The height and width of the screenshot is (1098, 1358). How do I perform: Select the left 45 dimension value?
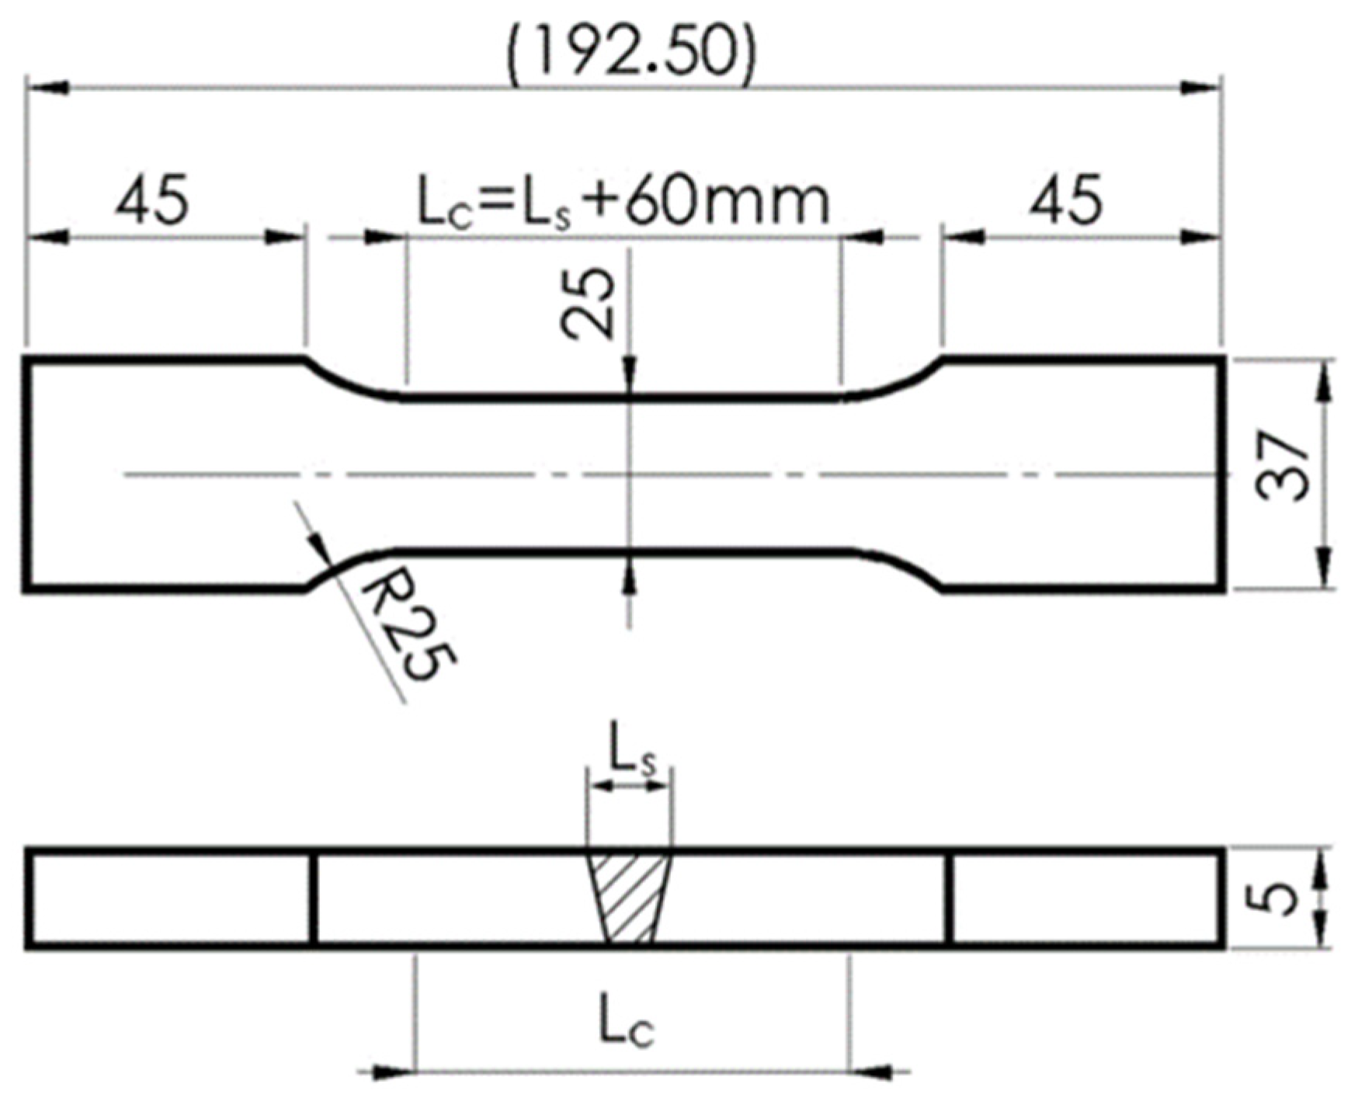tap(152, 200)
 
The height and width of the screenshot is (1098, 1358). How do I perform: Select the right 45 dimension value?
tap(1065, 200)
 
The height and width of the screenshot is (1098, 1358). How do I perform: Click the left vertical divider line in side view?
tap(314, 898)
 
